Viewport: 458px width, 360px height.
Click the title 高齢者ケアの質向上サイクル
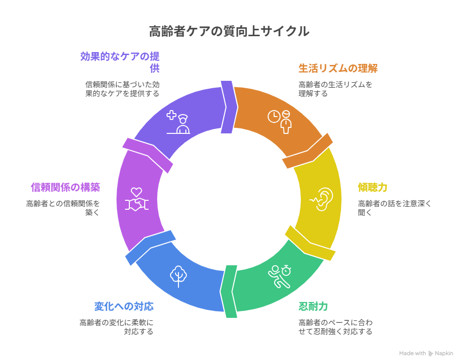pyautogui.click(x=229, y=32)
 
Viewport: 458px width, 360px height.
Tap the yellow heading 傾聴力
pyautogui.click(x=372, y=187)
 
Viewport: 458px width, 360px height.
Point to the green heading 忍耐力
pyautogui.click(x=313, y=306)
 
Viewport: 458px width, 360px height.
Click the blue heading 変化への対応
pyautogui.click(x=123, y=306)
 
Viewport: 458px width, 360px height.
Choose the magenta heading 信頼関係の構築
pyautogui.click(x=65, y=187)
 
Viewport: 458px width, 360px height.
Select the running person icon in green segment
pyautogui.click(x=279, y=276)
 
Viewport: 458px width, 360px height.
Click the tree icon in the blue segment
pyautogui.click(x=178, y=276)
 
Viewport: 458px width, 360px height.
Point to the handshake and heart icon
pyautogui.click(x=136, y=199)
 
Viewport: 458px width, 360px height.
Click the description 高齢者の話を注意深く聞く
pyautogui.click(x=395, y=208)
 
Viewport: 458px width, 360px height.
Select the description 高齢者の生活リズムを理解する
pyautogui.click(x=335, y=89)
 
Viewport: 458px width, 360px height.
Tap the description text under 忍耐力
pyautogui.click(x=335, y=327)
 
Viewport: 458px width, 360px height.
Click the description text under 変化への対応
pyautogui.click(x=117, y=327)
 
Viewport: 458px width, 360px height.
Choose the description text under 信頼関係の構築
pyautogui.click(x=63, y=208)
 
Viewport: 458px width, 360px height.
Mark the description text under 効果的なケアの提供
pyautogui.click(x=122, y=89)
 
